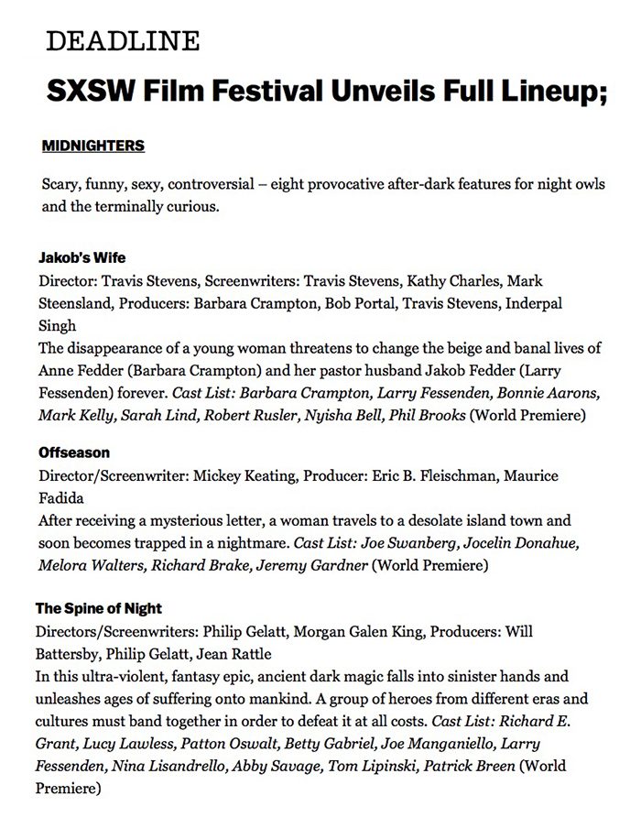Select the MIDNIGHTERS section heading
click(x=93, y=147)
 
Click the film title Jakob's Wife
click(x=76, y=258)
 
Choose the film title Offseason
click(x=74, y=453)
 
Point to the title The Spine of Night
click(x=99, y=609)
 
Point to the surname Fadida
click(x=62, y=498)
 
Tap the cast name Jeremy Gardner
click(x=313, y=565)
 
